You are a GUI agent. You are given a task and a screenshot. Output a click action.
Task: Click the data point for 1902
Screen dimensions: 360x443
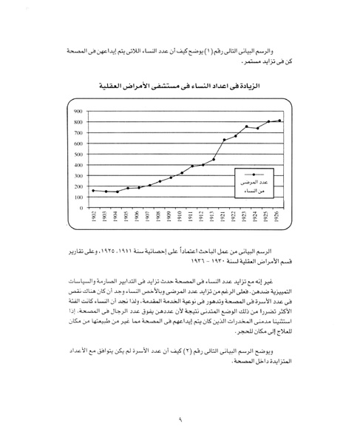(x=93, y=191)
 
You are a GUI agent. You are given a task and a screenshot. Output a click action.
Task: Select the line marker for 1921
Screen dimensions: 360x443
(x=224, y=139)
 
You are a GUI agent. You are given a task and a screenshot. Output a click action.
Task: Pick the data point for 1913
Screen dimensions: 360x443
(x=213, y=159)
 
